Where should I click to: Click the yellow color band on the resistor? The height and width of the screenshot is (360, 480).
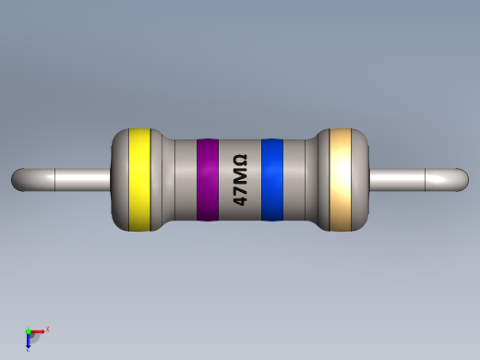tap(139, 179)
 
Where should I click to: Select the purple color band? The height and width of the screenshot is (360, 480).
tap(207, 180)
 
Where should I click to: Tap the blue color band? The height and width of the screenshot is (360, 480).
tap(271, 180)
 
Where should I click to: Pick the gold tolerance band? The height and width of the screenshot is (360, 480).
tap(341, 179)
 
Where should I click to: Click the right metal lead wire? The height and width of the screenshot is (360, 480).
tap(406, 179)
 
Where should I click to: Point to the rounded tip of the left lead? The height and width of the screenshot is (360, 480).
tap(18, 179)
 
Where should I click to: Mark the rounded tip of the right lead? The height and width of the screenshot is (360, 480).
tap(462, 179)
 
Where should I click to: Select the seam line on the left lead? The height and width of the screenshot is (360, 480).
tap(56, 179)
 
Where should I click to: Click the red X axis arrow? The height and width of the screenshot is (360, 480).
tap(38, 330)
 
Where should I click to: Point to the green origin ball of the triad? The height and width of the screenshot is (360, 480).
tap(29, 331)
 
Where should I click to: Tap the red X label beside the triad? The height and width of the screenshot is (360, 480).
tap(47, 329)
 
